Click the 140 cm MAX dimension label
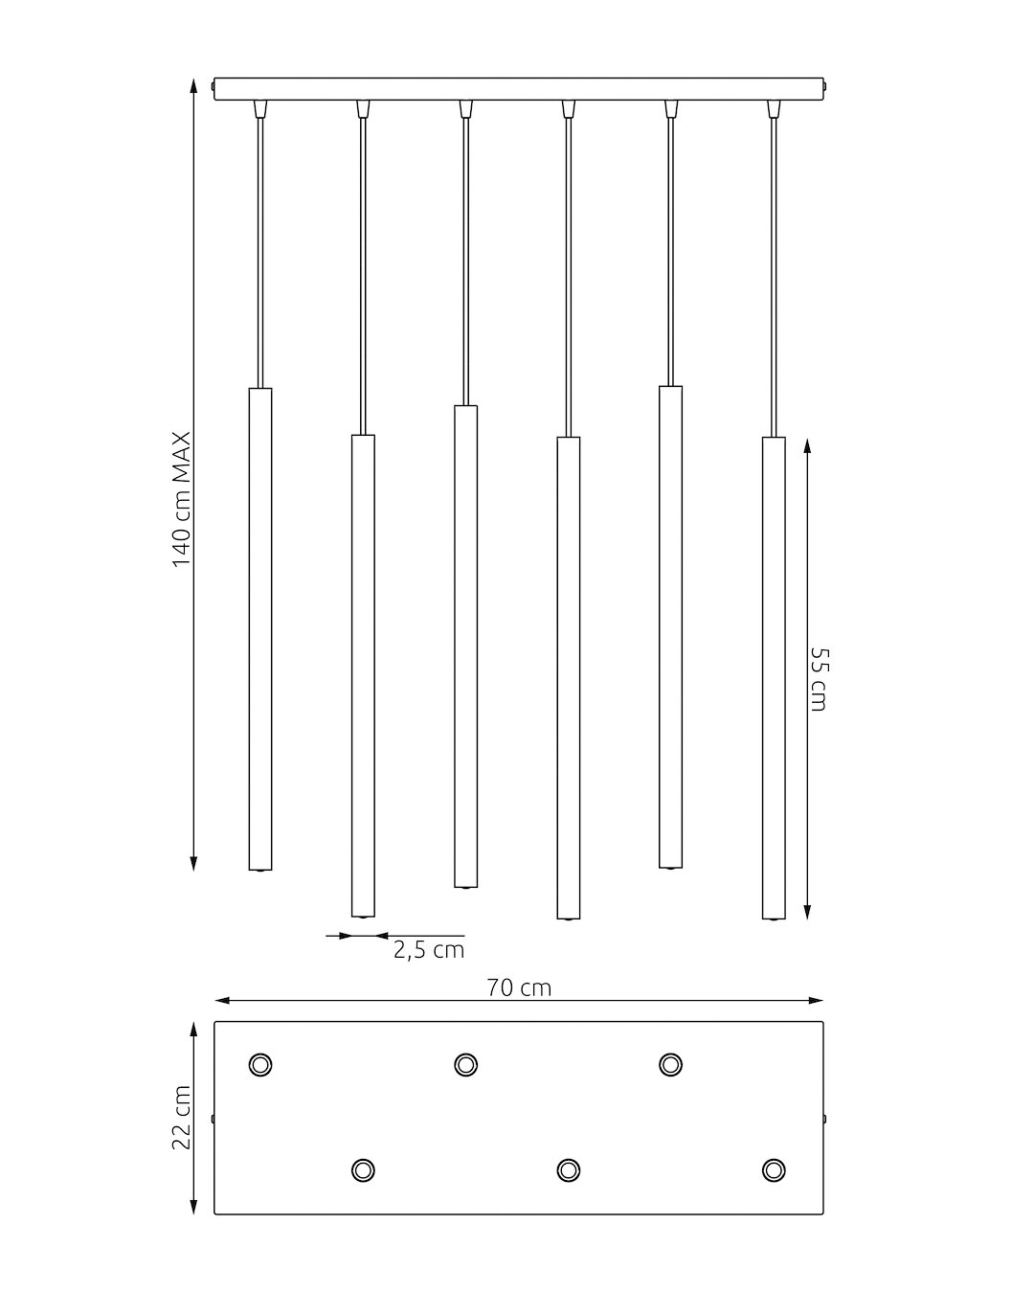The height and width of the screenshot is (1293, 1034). (x=182, y=499)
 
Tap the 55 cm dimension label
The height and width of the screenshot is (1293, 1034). (x=819, y=679)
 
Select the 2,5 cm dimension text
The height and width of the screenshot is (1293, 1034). (x=429, y=950)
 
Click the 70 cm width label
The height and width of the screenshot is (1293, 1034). (x=519, y=987)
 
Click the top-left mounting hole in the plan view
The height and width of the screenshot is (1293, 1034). (x=260, y=1064)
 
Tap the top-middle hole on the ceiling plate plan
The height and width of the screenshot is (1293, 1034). (x=465, y=1064)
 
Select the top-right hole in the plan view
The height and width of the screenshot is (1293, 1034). (x=670, y=1064)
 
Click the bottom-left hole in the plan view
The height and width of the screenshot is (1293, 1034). (x=363, y=1169)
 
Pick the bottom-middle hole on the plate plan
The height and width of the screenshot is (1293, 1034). (x=569, y=1169)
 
